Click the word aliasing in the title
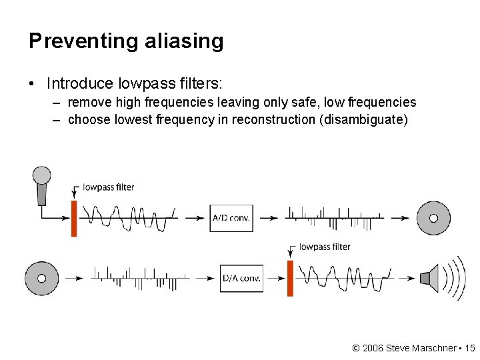183,41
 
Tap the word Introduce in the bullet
81,83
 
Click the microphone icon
42,185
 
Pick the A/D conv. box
231,218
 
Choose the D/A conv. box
241,279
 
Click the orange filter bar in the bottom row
291,278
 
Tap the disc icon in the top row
433,218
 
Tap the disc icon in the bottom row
41,279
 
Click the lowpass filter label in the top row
108,187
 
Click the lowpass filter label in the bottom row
325,247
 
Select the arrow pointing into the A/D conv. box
195,218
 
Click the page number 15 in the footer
470,348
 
